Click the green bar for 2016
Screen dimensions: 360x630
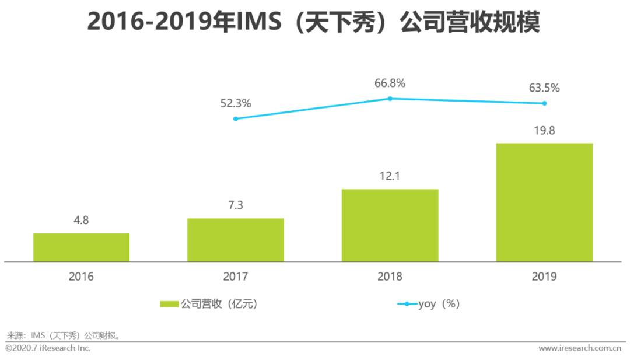[x=81, y=247]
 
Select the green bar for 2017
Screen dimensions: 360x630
[x=236, y=240]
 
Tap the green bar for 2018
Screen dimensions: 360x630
[x=390, y=225]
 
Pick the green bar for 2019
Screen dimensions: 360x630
[x=544, y=202]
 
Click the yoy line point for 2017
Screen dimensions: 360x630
[x=236, y=118]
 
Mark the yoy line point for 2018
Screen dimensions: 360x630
[x=390, y=99]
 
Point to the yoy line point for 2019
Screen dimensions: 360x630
[x=544, y=103]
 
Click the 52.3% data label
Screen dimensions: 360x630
[x=236, y=103]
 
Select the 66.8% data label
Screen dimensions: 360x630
[x=390, y=83]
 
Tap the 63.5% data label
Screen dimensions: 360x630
[x=544, y=88]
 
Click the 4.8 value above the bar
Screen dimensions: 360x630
[x=81, y=221]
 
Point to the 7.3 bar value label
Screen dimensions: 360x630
[x=236, y=205]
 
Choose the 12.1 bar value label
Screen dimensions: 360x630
[x=390, y=176]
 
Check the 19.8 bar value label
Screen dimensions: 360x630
[x=544, y=130]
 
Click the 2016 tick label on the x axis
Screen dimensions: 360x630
[x=81, y=277]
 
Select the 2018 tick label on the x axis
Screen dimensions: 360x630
[x=390, y=277]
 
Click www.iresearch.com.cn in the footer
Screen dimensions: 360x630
[x=579, y=348]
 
